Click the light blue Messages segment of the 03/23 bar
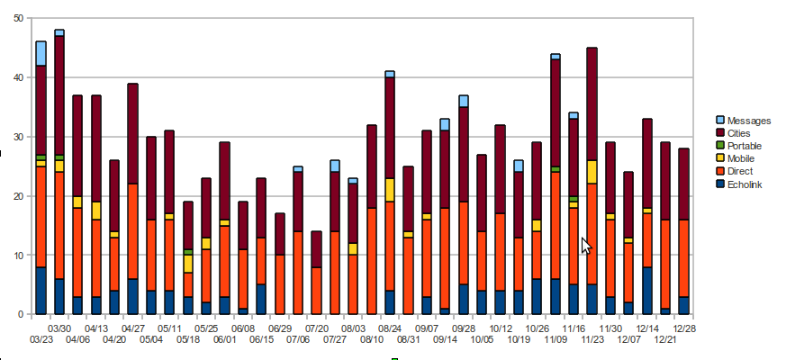(41, 53)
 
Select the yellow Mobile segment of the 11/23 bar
(592, 172)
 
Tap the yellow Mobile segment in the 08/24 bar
(390, 190)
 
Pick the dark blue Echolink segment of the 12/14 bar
(646, 291)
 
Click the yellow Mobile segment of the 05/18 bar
(187, 263)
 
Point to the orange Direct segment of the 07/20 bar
(316, 291)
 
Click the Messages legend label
(748, 121)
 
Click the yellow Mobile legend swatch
(719, 158)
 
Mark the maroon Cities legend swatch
(719, 133)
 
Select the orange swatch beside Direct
(719, 171)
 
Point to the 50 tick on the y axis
(18, 19)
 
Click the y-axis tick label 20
(18, 196)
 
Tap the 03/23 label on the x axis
(41, 339)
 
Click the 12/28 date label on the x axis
(683, 328)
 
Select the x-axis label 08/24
(390, 328)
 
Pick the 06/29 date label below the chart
(280, 328)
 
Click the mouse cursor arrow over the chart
(586, 245)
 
